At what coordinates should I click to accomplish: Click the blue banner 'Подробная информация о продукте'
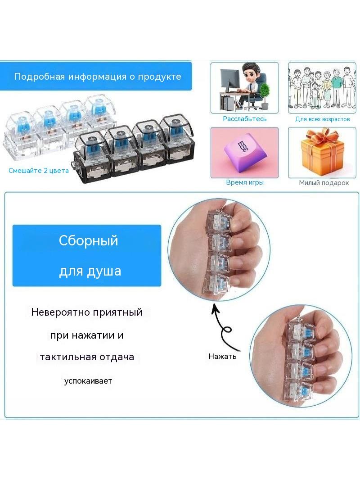point(96,76)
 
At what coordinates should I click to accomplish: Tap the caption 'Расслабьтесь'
point(245,119)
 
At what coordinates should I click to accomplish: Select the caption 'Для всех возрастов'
point(322,119)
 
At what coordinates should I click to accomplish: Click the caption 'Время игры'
point(245,182)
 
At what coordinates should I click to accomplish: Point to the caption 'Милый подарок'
point(324,183)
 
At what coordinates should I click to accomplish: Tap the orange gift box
point(322,154)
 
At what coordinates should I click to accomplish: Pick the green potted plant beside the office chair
point(265,94)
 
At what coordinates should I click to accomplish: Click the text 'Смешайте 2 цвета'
point(39,171)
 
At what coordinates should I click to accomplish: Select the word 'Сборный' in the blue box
point(88,240)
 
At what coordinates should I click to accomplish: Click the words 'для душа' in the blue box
point(90,271)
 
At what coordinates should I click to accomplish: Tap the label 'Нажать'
point(222,356)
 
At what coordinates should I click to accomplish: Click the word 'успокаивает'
point(88,381)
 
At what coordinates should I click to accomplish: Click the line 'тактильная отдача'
point(87,357)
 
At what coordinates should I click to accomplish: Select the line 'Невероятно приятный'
point(87,312)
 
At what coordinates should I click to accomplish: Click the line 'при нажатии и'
point(87,335)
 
